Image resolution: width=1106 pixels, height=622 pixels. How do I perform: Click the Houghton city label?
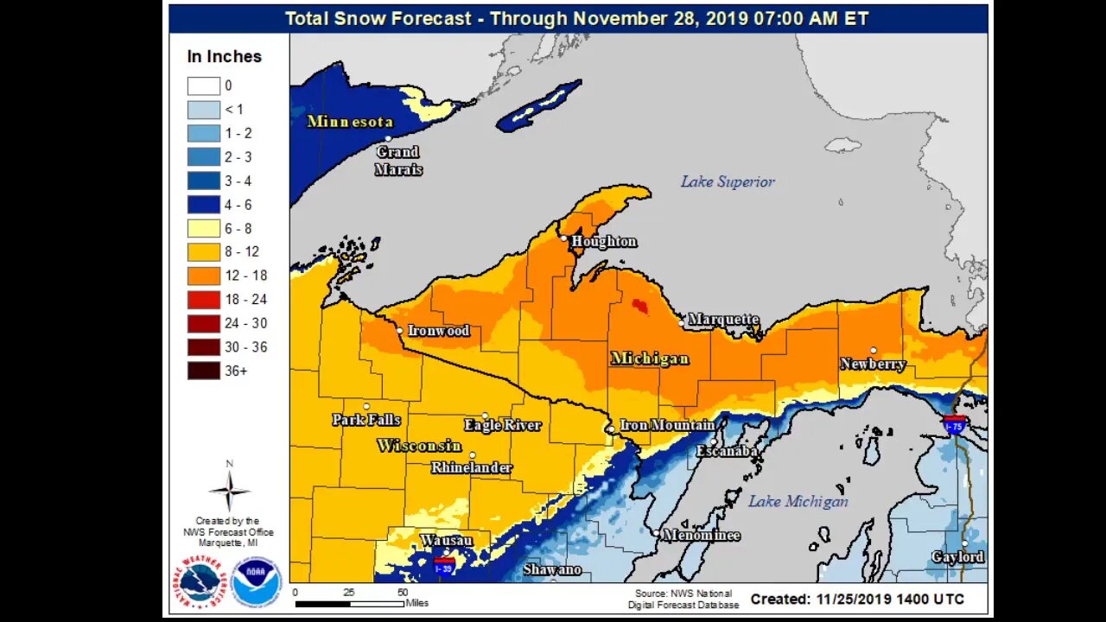(x=604, y=242)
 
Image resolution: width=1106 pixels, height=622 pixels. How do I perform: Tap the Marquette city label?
(x=723, y=320)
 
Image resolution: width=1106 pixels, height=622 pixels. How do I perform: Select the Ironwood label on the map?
(x=438, y=331)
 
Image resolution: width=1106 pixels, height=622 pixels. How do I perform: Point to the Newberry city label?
(x=873, y=365)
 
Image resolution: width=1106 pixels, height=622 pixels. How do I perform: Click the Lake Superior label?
(x=728, y=181)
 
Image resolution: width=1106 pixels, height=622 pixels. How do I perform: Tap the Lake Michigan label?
(x=798, y=501)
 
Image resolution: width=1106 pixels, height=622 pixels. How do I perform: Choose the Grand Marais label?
(x=397, y=161)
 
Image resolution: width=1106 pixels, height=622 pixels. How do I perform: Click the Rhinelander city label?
(x=472, y=467)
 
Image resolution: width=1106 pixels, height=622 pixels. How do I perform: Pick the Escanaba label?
(x=728, y=451)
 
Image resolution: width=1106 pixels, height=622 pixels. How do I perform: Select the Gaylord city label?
(x=957, y=557)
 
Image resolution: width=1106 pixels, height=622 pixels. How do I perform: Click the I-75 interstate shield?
(x=955, y=424)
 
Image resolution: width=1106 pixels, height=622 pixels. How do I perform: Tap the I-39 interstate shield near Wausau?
(x=444, y=567)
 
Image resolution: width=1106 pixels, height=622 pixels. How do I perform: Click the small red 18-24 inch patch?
(x=639, y=305)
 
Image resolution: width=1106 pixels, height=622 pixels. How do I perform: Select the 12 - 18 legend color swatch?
(x=204, y=276)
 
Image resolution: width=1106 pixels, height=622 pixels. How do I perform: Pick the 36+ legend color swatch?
(x=204, y=371)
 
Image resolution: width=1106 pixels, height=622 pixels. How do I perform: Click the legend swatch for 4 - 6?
(x=204, y=205)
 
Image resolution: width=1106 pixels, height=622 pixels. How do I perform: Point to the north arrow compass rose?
(x=230, y=489)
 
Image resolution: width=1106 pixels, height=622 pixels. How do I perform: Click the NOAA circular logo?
(x=257, y=582)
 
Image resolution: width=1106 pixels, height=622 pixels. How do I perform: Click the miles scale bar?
(x=349, y=603)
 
